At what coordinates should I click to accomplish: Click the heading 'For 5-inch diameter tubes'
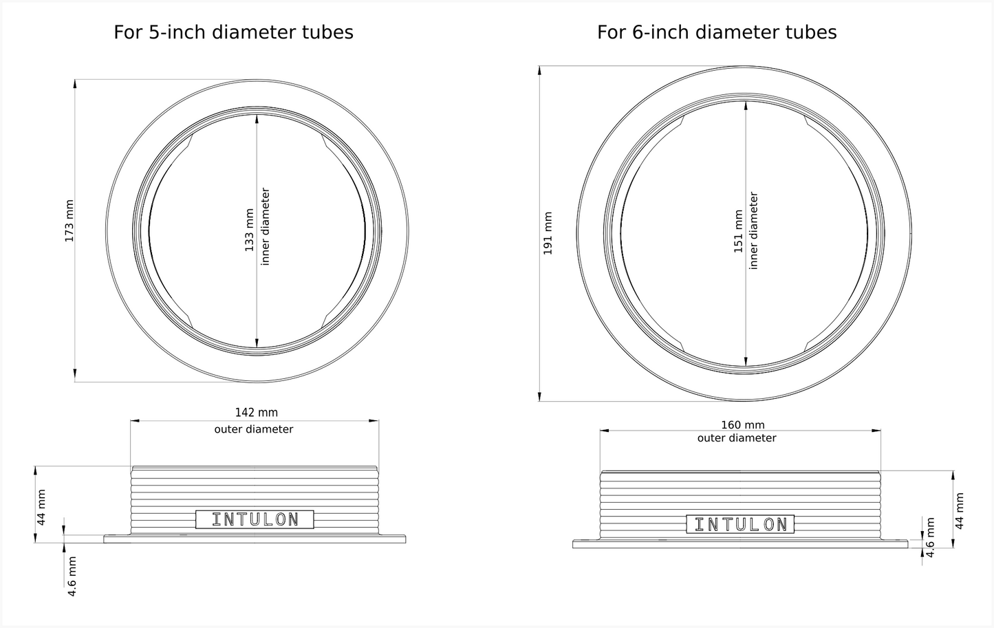coord(233,32)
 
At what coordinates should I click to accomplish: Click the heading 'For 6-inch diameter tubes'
coord(717,32)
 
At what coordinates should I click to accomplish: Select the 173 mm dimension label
coord(69,221)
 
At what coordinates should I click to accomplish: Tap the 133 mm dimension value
coord(250,230)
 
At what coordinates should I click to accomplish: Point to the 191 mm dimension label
coord(548,233)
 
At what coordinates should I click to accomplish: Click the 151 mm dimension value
coord(738,231)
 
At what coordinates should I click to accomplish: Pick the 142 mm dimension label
coord(257,413)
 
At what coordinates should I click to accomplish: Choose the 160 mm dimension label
coord(743,425)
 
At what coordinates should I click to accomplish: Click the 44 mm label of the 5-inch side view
coord(41,507)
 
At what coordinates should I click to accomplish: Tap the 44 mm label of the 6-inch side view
coord(960,511)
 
